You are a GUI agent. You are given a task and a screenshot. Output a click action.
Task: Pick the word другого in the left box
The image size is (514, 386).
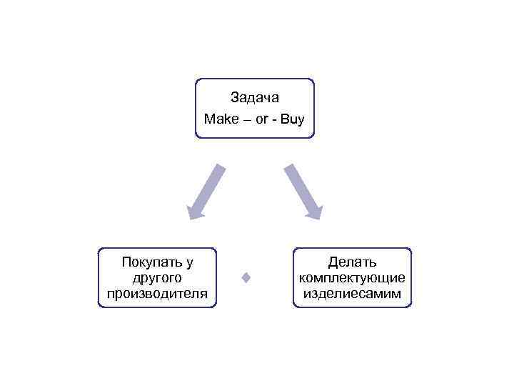[x=157, y=277]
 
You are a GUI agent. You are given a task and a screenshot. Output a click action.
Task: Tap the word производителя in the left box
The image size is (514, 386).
[x=157, y=293]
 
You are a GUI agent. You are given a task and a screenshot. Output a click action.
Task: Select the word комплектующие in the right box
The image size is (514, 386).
[x=352, y=277]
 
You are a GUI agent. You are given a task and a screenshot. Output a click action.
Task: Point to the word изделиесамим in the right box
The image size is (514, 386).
[x=352, y=293]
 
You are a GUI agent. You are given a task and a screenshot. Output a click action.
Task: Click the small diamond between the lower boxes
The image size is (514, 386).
[x=246, y=277]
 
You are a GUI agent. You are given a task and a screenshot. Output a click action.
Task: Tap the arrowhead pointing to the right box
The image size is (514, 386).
[x=315, y=212]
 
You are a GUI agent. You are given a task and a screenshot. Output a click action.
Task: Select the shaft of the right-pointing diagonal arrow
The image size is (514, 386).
[x=298, y=184]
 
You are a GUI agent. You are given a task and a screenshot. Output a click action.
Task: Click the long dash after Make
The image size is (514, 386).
[x=246, y=119]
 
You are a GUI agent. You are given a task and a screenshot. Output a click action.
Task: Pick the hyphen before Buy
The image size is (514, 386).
[x=275, y=119]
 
